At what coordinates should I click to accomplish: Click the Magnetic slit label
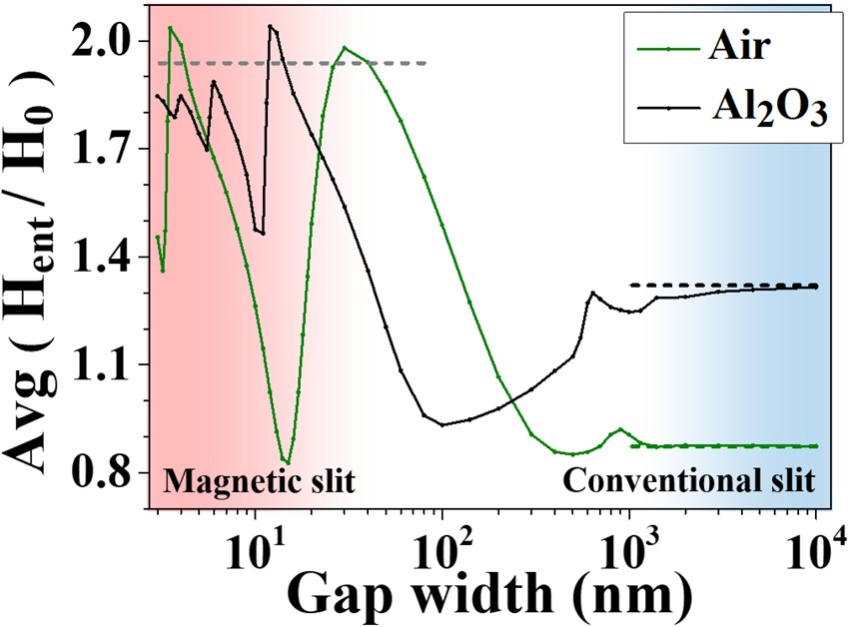(x=259, y=481)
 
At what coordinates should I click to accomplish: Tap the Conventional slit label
(x=690, y=481)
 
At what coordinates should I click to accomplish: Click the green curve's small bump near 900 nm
(x=620, y=429)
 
